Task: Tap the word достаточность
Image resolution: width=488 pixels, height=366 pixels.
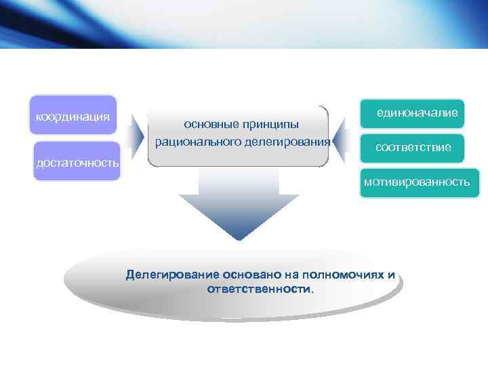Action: [77, 163]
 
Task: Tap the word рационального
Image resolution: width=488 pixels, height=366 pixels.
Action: [195, 142]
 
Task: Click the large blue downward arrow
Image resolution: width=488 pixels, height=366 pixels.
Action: [239, 203]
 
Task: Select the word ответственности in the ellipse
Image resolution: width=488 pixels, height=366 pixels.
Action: [260, 289]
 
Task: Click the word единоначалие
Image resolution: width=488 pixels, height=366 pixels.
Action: [418, 114]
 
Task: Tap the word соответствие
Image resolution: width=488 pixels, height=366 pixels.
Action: [413, 147]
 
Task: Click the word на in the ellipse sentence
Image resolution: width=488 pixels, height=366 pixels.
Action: [281, 275]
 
